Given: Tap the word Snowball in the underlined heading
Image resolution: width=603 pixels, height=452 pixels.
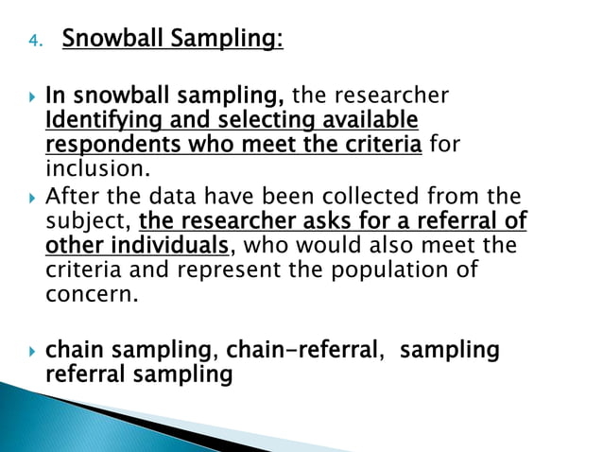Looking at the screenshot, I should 109,41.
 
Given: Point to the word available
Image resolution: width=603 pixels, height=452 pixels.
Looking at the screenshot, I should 364,121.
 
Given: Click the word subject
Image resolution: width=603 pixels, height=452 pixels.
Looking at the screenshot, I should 86,222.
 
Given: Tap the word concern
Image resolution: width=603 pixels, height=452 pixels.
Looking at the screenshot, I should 89,293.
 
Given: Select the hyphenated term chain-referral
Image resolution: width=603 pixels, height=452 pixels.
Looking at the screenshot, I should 301,351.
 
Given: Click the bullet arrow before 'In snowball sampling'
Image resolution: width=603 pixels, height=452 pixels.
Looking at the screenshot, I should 33,97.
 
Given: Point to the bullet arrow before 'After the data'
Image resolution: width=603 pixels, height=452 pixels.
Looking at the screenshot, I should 33,198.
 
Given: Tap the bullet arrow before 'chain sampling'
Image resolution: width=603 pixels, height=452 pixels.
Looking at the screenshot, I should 33,352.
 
